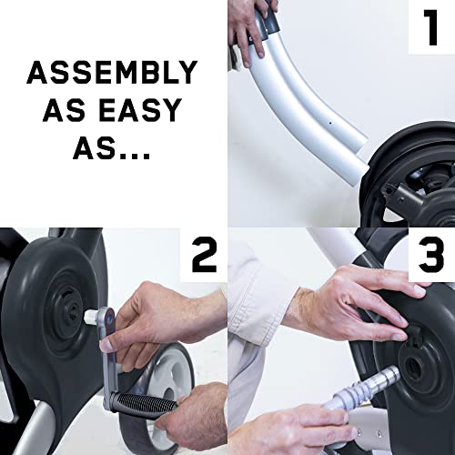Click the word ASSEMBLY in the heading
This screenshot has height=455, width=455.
pos(112,72)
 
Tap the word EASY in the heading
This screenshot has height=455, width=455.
pos(140,110)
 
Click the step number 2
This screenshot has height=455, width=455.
pos(205,255)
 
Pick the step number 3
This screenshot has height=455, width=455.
pos(431,255)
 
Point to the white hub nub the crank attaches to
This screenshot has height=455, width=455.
pos(90,316)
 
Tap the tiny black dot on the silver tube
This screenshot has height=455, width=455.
pos(330,123)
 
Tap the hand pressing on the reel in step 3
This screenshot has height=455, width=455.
pos(355,307)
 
